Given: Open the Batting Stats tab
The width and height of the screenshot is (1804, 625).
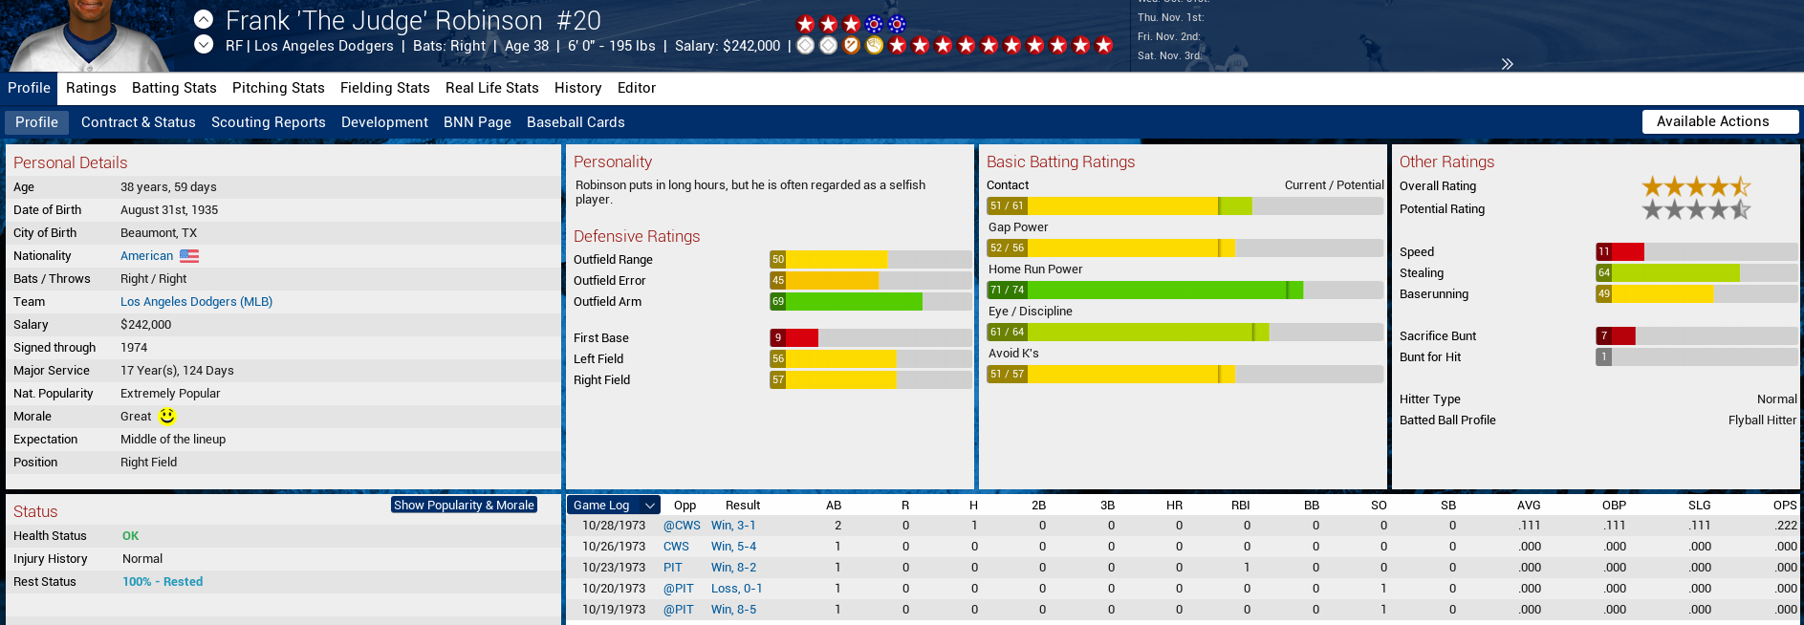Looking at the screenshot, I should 174,88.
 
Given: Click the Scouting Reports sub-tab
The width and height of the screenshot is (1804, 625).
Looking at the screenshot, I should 268,122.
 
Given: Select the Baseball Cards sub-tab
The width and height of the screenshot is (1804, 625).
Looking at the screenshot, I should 576,122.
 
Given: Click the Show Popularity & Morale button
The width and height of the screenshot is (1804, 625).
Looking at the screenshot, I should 464,505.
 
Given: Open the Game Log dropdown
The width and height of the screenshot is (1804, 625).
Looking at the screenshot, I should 613,505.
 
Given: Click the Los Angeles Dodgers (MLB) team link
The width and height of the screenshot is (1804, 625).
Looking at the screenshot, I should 196,302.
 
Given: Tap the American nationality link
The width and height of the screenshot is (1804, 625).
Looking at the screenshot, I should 146,256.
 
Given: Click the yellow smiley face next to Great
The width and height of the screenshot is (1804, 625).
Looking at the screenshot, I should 167,416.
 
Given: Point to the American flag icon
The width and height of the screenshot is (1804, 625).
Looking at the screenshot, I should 189,256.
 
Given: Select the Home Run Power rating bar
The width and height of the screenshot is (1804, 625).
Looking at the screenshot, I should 1184,290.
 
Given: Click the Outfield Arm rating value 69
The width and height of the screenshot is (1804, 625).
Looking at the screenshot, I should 778,302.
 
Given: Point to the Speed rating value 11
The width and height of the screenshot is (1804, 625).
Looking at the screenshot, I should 1604,252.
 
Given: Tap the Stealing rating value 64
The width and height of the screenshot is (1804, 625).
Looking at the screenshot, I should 1604,273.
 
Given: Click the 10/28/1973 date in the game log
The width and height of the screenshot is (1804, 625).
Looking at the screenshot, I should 614,526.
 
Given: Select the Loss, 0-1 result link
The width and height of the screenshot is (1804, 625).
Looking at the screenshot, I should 736,589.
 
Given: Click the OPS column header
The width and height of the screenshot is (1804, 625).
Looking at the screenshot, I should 1784,506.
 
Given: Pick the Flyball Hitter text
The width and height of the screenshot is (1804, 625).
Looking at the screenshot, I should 1762,420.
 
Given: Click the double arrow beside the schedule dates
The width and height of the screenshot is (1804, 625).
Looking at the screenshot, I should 1507,64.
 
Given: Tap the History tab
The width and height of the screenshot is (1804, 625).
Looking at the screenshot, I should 577,88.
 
